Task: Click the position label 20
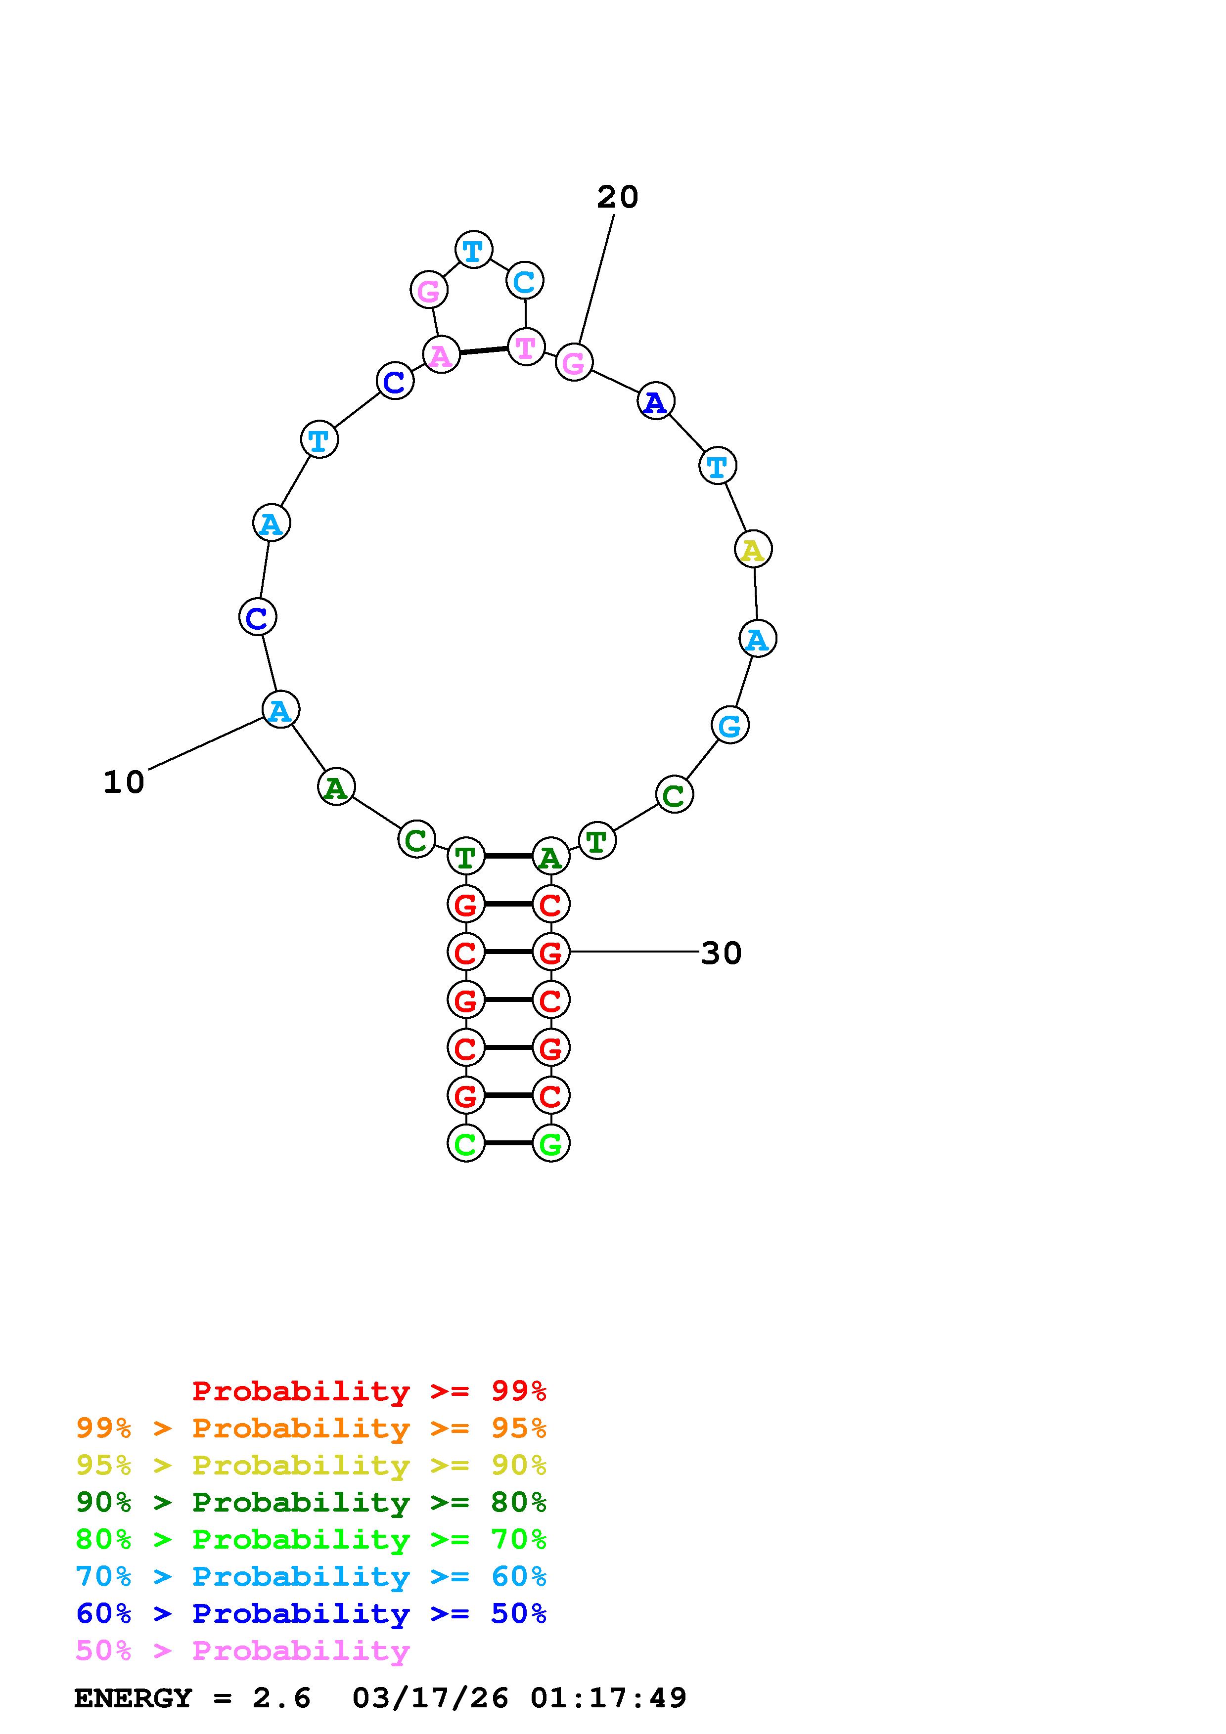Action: point(617,197)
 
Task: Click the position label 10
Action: point(123,782)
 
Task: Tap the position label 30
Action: point(722,953)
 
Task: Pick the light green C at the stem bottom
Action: point(466,1143)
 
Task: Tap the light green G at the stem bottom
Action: point(550,1143)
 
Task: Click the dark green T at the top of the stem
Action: point(466,857)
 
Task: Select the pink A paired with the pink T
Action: point(441,354)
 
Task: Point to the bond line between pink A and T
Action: point(484,350)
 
